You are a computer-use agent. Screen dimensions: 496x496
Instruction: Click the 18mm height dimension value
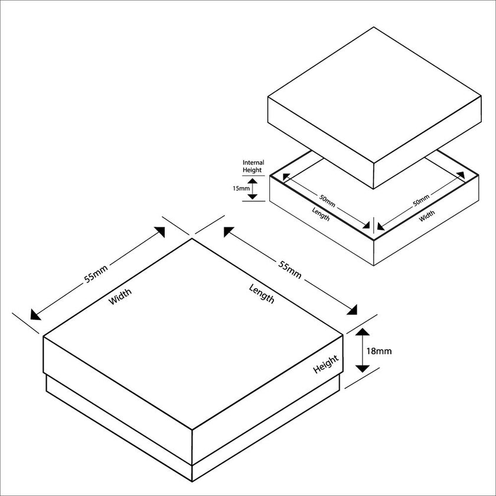379,351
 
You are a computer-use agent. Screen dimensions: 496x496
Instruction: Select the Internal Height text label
253,167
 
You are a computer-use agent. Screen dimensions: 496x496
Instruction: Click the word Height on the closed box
326,364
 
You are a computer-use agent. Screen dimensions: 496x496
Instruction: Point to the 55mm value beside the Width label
96,274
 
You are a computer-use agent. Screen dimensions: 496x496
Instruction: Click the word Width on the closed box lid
120,296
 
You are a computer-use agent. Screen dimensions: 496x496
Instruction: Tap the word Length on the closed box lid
262,293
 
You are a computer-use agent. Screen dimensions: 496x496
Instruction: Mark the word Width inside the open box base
427,217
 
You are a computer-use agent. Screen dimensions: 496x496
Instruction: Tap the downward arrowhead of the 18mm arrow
362,367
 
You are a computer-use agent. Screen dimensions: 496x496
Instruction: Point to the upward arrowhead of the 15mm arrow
253,180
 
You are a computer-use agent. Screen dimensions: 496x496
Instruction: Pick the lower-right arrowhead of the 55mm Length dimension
353,311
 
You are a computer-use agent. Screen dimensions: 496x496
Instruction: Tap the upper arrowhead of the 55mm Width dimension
159,231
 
